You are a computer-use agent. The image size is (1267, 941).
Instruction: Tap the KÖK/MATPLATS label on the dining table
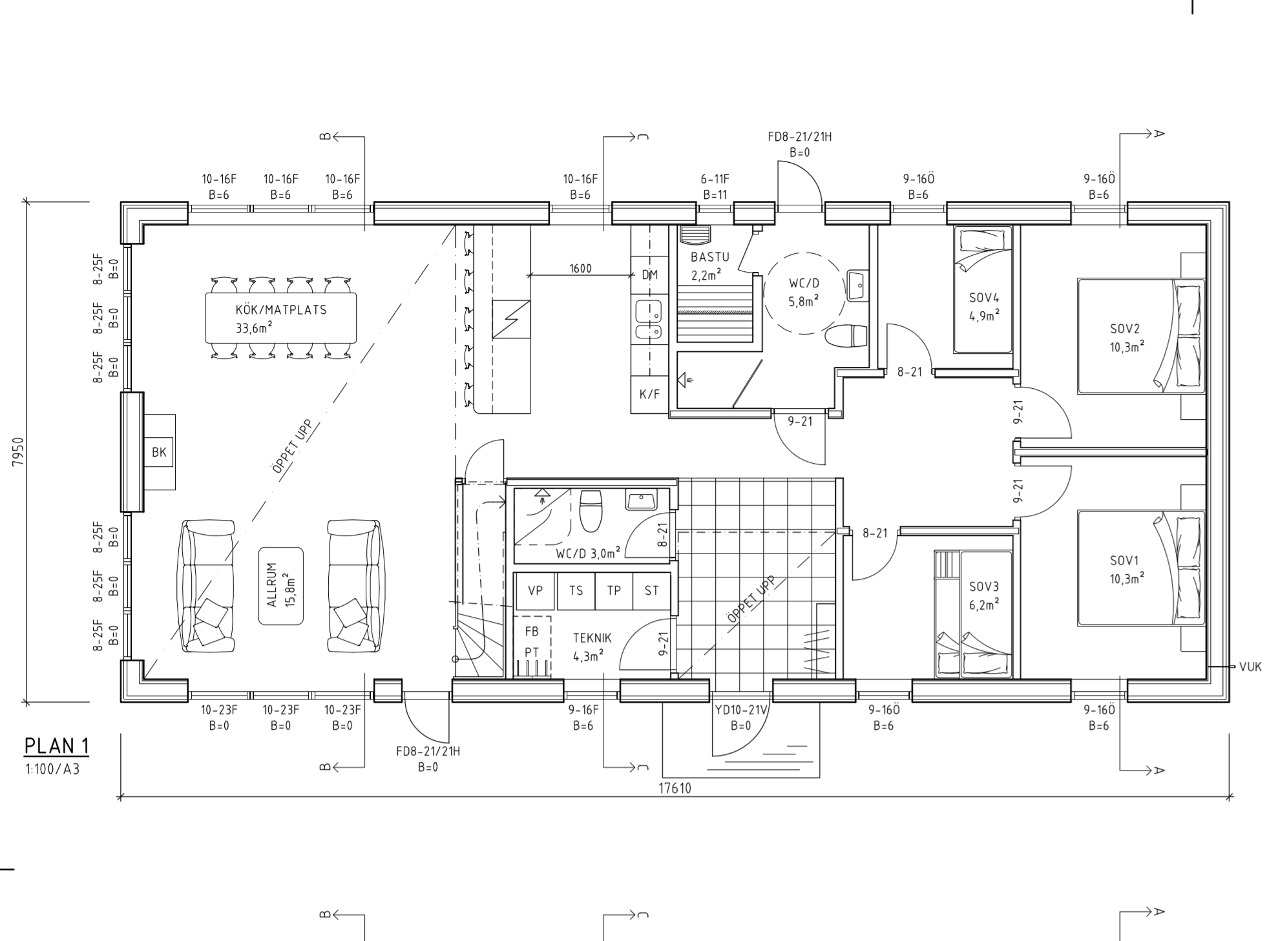(281, 309)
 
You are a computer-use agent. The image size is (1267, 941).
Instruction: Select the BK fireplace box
(159, 452)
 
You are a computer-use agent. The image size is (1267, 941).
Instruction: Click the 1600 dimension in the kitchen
(580, 269)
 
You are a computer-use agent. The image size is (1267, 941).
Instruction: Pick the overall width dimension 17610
(675, 788)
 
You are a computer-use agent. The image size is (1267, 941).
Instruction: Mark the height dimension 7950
(17, 452)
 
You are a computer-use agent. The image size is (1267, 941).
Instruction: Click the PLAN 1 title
(56, 746)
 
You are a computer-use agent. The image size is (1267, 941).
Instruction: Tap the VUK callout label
(1250, 667)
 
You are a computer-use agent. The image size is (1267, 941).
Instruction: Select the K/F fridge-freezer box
(649, 393)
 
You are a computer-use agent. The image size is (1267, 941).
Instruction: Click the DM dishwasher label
(649, 275)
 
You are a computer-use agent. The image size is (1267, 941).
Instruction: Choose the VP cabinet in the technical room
(535, 590)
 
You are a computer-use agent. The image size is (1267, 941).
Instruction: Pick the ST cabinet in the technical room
(651, 590)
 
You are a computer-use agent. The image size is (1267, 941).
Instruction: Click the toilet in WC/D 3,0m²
(591, 509)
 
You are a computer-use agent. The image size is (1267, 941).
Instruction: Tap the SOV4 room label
(984, 298)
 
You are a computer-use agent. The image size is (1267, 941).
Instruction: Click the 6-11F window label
(715, 179)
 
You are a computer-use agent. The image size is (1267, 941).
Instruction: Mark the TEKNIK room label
(592, 638)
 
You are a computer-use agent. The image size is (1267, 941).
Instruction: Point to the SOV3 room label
(984, 587)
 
